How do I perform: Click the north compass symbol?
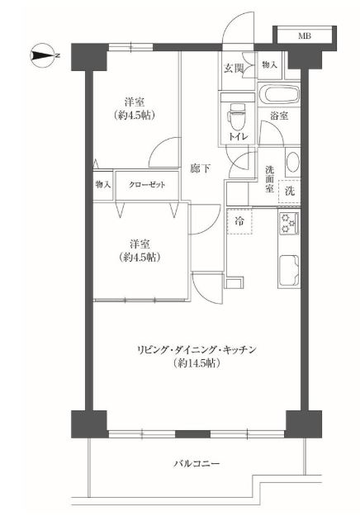click(x=44, y=55)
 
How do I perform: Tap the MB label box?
click(x=305, y=36)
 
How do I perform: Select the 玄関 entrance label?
click(x=234, y=69)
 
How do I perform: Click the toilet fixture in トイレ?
click(x=236, y=117)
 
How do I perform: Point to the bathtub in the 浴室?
click(x=279, y=94)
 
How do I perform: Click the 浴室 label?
click(x=279, y=116)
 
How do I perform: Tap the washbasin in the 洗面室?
click(x=292, y=163)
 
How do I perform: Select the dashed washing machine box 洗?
click(x=290, y=192)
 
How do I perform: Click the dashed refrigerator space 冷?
click(x=239, y=221)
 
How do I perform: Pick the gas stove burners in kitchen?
click(x=289, y=223)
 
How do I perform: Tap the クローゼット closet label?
click(x=147, y=185)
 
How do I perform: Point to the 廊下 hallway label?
click(x=201, y=168)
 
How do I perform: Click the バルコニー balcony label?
click(x=197, y=464)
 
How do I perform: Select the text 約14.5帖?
click(x=196, y=363)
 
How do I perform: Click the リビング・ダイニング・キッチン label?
click(x=197, y=350)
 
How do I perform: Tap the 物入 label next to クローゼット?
click(x=102, y=185)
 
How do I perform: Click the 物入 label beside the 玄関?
click(x=269, y=65)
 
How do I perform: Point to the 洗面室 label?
click(x=270, y=179)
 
